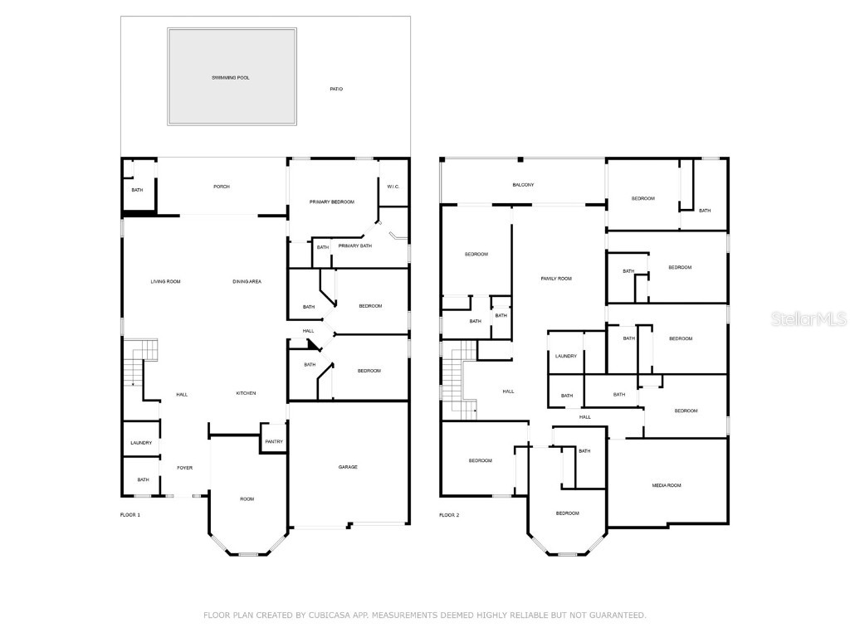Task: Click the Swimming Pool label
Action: click(231, 78)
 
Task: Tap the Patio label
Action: click(336, 89)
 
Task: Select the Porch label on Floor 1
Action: click(221, 187)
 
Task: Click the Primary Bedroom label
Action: click(332, 202)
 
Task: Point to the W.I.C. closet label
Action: click(393, 187)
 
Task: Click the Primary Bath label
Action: click(355, 246)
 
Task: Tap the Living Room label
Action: click(165, 282)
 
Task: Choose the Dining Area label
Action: click(247, 282)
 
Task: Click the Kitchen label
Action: click(246, 393)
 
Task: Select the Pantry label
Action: click(274, 442)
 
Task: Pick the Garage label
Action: click(348, 467)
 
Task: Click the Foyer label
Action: click(184, 468)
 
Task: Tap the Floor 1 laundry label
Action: click(141, 443)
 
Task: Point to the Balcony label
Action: click(523, 185)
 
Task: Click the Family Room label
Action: click(556, 279)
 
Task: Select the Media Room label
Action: click(667, 486)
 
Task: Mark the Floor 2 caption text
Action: click(449, 515)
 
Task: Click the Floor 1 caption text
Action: click(130, 515)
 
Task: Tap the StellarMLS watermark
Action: click(808, 319)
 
